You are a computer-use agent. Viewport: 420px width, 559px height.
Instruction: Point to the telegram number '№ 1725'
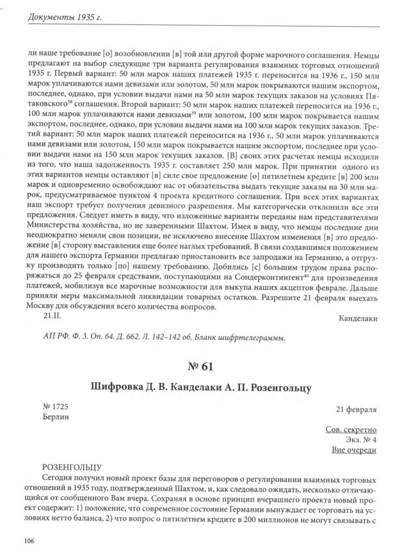55,407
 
